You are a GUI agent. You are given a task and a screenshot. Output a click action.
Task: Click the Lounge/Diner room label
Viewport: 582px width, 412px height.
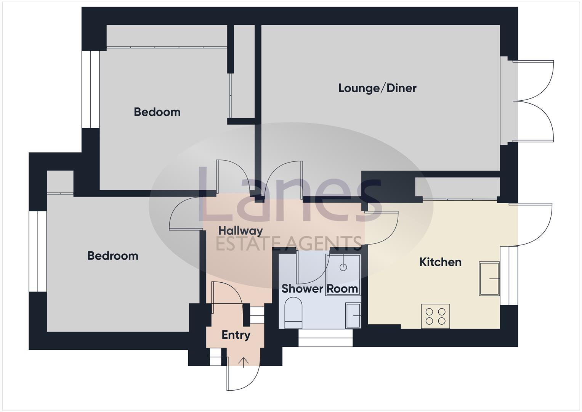click(x=377, y=88)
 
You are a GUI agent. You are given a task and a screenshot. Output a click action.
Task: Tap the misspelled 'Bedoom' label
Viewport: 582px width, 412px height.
click(x=157, y=112)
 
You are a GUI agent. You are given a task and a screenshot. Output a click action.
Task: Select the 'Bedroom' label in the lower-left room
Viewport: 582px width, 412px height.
click(x=113, y=256)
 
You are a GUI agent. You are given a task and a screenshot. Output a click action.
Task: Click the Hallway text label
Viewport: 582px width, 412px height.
click(x=240, y=231)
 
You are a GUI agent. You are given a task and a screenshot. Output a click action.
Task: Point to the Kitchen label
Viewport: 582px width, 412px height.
click(x=440, y=262)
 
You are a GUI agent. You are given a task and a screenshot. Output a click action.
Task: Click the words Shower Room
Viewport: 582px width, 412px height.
click(x=320, y=289)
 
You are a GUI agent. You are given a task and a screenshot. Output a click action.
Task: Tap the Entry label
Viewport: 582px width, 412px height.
click(x=236, y=335)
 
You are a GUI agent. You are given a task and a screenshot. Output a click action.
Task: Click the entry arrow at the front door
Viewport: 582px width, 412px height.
click(x=244, y=362)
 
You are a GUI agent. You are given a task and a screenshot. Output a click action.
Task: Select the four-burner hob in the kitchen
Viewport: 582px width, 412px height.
click(x=435, y=316)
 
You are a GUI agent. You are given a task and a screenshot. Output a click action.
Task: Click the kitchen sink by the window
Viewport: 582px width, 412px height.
click(x=489, y=278)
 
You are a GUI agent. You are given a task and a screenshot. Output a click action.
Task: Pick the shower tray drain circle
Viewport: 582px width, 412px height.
click(x=343, y=267)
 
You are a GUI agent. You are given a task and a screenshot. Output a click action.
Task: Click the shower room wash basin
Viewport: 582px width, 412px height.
click(x=353, y=315)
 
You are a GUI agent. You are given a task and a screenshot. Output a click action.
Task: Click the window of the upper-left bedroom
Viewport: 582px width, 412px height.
click(x=91, y=89)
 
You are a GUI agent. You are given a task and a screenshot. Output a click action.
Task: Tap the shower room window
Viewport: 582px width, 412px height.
click(x=325, y=338)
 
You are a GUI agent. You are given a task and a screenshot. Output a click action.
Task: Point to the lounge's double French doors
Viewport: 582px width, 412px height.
click(x=534, y=101)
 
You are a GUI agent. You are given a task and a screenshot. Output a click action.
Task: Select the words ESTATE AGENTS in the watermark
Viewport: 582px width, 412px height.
click(x=289, y=243)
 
